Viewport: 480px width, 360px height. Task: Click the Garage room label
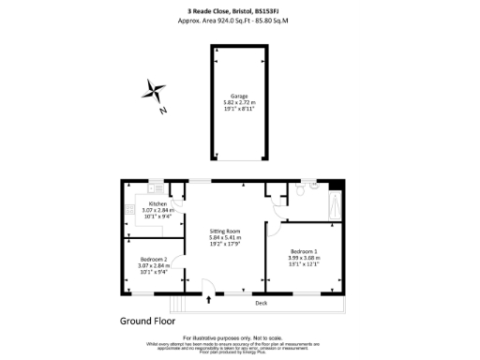(240, 95)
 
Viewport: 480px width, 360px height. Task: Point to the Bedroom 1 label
(304, 252)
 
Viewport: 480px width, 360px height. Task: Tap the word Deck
(261, 303)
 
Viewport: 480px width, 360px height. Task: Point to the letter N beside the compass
(163, 111)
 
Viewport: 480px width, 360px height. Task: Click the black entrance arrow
(208, 301)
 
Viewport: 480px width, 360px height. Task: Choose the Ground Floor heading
(148, 321)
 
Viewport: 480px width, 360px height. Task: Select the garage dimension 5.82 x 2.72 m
(240, 101)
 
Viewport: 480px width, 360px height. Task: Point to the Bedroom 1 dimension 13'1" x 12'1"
(304, 265)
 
